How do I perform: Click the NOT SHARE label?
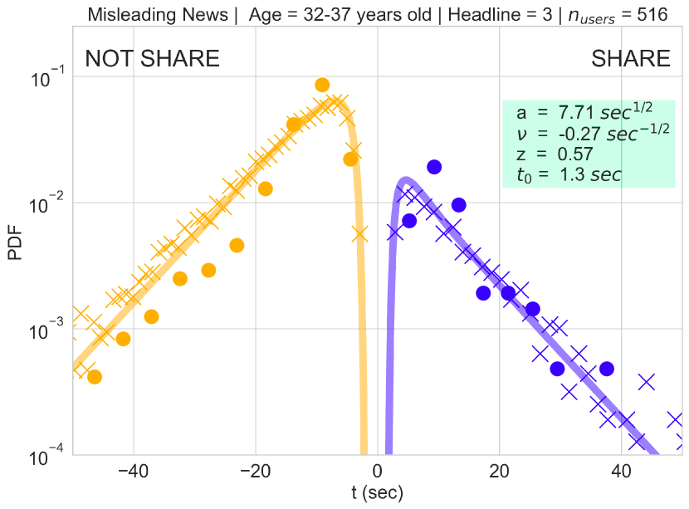(x=153, y=58)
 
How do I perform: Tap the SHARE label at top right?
(x=630, y=58)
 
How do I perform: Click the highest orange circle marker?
(x=322, y=85)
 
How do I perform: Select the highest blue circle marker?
(x=433, y=167)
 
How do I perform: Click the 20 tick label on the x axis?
(x=500, y=471)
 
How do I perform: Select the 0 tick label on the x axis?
(x=379, y=471)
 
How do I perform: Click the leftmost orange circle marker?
(x=94, y=377)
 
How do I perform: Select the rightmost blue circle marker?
(x=606, y=369)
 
